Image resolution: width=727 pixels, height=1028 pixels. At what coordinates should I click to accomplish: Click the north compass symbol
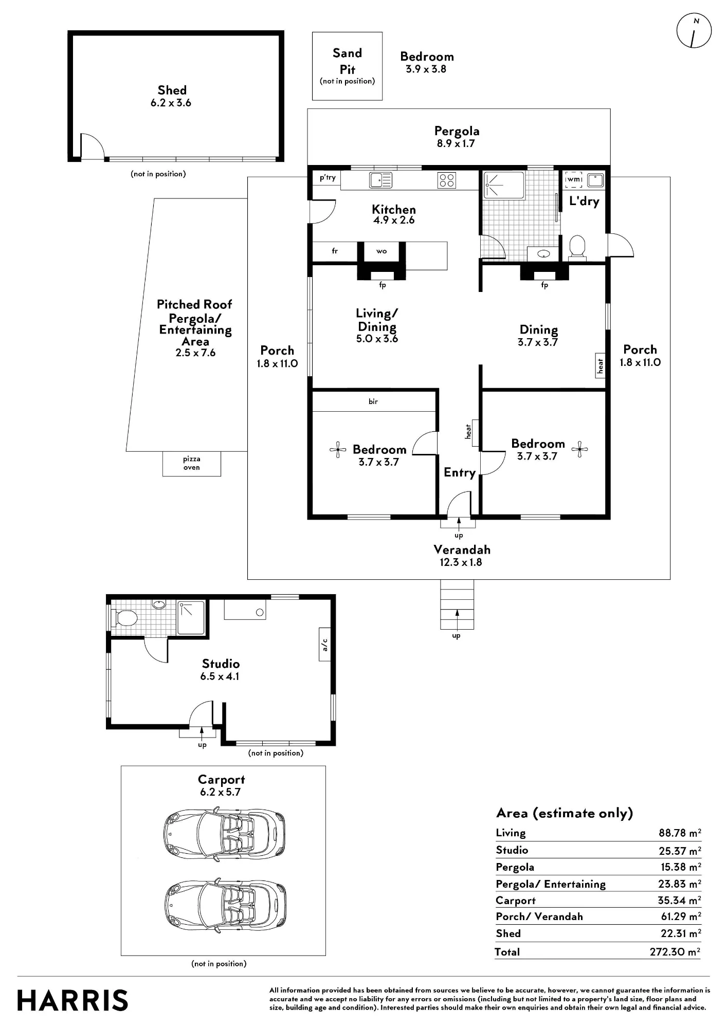[x=694, y=31]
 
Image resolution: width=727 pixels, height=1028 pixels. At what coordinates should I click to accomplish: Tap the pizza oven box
[x=192, y=464]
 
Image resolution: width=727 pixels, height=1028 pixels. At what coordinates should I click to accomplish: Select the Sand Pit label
[x=347, y=61]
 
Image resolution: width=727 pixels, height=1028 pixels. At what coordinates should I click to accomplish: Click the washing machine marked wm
[x=574, y=180]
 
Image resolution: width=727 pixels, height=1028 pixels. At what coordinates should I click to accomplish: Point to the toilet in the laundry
[x=577, y=248]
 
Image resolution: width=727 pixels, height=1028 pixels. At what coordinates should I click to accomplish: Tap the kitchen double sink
[x=380, y=180]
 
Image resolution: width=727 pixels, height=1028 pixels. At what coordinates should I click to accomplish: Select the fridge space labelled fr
[x=335, y=251]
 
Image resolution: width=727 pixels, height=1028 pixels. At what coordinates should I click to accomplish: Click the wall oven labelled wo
[x=381, y=251]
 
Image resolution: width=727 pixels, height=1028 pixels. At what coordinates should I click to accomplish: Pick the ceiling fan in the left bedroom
[x=338, y=450]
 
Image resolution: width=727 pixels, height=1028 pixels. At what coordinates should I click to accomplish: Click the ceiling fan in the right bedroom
[x=579, y=449]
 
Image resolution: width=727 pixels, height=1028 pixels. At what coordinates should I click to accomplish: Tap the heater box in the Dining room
[x=600, y=365]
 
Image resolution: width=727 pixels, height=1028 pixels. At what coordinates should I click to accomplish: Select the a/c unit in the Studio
[x=324, y=645]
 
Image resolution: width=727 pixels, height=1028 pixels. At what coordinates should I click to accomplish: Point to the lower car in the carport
[x=225, y=905]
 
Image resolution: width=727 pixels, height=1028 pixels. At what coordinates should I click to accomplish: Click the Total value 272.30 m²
[x=675, y=951]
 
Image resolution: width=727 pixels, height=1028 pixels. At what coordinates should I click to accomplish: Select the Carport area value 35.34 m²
[x=679, y=900]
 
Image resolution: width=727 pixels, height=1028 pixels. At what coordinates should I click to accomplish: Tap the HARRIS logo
[x=72, y=1000]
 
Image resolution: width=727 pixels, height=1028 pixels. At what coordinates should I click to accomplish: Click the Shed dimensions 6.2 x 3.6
[x=171, y=103]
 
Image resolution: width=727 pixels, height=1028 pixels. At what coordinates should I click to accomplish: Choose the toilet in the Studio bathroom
[x=125, y=618]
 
